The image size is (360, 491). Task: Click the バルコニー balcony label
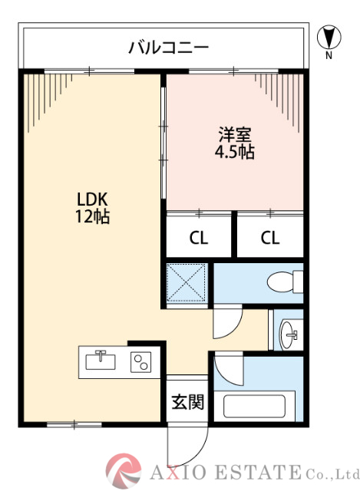point(167,48)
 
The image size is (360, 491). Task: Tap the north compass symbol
point(328,37)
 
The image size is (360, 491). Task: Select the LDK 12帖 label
point(91,206)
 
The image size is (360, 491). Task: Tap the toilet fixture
point(285,283)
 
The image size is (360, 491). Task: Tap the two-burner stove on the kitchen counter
point(140,361)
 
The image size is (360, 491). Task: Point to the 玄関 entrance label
point(187,401)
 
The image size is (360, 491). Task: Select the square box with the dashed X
point(187,283)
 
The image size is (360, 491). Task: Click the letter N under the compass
point(328,55)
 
